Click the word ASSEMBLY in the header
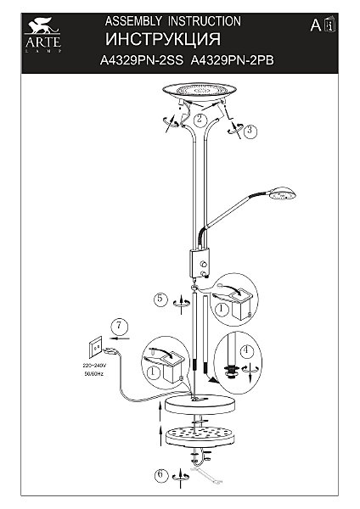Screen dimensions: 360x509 (133, 21)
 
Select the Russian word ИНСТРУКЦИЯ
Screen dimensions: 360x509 (163, 39)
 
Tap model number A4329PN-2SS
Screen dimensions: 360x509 (142, 60)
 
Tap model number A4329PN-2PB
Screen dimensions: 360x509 (233, 60)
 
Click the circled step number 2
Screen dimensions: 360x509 (200, 119)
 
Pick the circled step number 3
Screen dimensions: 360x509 (250, 131)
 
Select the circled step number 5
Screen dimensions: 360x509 (160, 299)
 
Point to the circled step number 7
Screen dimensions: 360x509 (119, 326)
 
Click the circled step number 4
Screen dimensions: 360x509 (246, 351)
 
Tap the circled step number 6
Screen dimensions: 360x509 (160, 474)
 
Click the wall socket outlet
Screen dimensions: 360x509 (96, 347)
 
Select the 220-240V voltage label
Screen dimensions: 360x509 (94, 366)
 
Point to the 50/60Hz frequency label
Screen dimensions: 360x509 (94, 374)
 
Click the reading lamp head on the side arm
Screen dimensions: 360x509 (281, 193)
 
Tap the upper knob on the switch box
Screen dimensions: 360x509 (205, 263)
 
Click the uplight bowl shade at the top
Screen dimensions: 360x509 (200, 92)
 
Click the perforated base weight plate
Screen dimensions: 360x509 (200, 434)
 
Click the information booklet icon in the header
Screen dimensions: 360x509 (330, 25)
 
